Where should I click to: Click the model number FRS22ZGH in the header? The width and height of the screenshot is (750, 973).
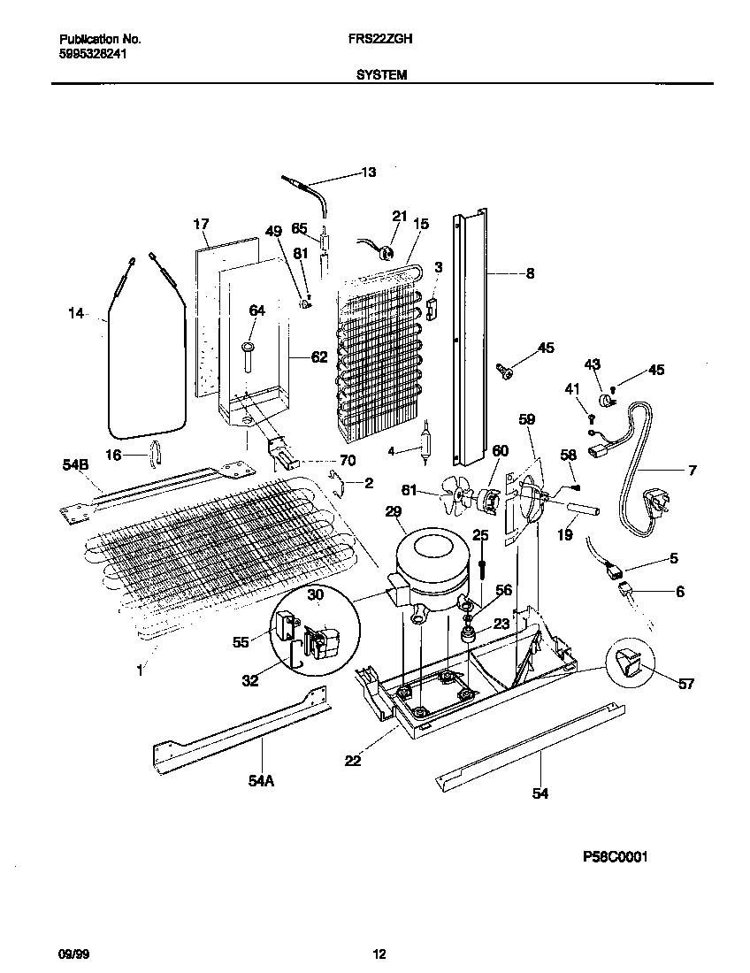381,40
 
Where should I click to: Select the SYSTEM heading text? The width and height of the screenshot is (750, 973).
381,76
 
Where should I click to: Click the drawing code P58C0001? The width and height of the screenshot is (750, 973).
609,857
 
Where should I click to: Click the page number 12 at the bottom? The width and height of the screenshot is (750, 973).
379,954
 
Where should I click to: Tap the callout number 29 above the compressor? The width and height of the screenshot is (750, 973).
393,511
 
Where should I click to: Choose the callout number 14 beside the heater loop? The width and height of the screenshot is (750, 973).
78,312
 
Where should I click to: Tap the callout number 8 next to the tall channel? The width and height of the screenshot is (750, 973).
530,274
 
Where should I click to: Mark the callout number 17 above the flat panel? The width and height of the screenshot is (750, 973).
201,224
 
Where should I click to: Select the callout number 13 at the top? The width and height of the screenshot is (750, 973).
368,172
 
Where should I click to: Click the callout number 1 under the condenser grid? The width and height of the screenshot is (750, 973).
139,671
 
